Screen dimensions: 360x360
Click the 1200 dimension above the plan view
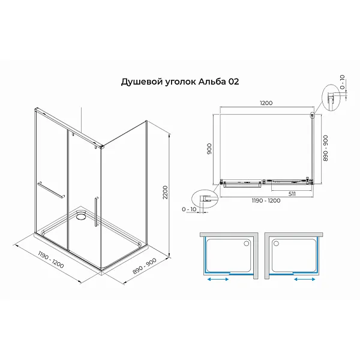point(266,103)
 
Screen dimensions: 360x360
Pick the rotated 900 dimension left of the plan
point(210,148)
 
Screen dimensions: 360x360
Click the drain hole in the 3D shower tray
point(82,214)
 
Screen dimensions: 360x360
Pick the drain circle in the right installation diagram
point(277,243)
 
